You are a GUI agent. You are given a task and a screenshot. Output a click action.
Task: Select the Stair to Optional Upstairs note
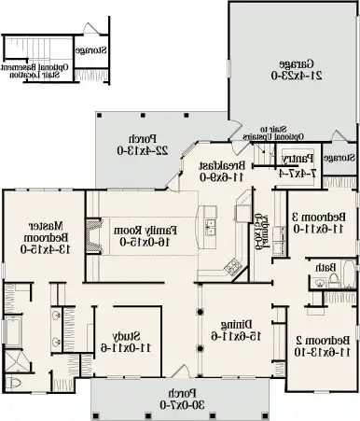267,133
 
